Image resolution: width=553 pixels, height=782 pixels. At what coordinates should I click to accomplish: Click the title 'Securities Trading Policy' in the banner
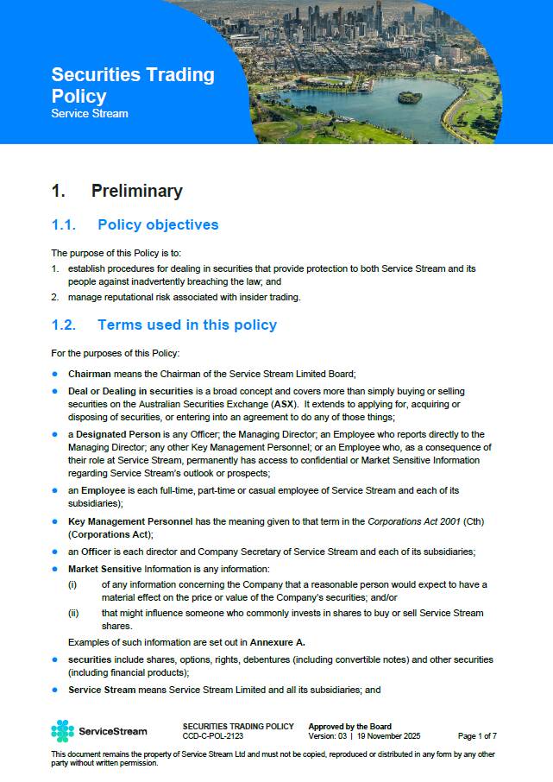pos(133,85)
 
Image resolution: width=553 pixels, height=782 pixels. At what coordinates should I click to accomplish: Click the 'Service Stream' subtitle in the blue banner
pos(90,114)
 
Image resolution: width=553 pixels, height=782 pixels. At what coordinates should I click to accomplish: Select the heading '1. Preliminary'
pos(116,191)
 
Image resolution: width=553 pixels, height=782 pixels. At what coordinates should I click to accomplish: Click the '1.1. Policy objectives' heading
pos(135,225)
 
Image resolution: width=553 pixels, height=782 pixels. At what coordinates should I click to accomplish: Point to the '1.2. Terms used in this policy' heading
pos(164,325)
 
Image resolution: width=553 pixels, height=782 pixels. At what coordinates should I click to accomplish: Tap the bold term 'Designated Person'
pos(120,434)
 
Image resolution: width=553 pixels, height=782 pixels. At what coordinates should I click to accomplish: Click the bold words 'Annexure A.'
pos(277,641)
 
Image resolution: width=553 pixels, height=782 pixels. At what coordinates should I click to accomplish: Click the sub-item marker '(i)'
pos(72,584)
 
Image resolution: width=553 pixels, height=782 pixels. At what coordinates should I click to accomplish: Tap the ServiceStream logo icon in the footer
pos(62,731)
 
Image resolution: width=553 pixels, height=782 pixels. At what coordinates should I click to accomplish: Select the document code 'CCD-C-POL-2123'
pos(211,736)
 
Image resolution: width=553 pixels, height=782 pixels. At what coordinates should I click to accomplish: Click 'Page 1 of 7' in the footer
pos(477,736)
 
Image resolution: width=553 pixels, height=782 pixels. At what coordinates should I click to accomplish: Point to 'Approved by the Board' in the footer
pos(349,727)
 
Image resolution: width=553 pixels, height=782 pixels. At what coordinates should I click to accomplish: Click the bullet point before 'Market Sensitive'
pos(55,569)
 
